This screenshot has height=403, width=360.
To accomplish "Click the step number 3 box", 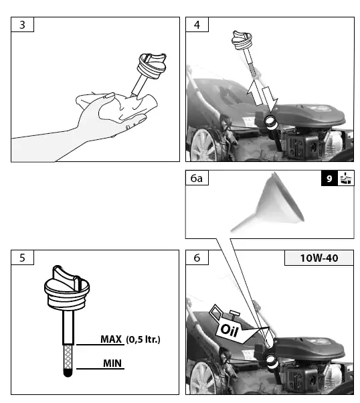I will (x=23, y=24).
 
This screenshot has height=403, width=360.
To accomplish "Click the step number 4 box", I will (x=196, y=24).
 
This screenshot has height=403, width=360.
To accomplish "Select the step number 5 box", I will (x=23, y=258).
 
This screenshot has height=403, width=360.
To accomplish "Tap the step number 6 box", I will (x=196, y=258).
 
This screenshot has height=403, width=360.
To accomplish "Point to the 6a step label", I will (x=196, y=179).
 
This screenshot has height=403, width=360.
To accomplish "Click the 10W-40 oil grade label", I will (x=319, y=258).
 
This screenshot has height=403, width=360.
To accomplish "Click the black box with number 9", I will (x=329, y=179).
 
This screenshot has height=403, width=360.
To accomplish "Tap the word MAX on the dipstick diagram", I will (x=110, y=339).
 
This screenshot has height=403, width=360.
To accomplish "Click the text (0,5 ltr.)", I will (x=143, y=339).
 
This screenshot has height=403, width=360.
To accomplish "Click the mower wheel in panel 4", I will (x=204, y=144).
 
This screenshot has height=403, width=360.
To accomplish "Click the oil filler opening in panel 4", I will (x=272, y=121).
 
